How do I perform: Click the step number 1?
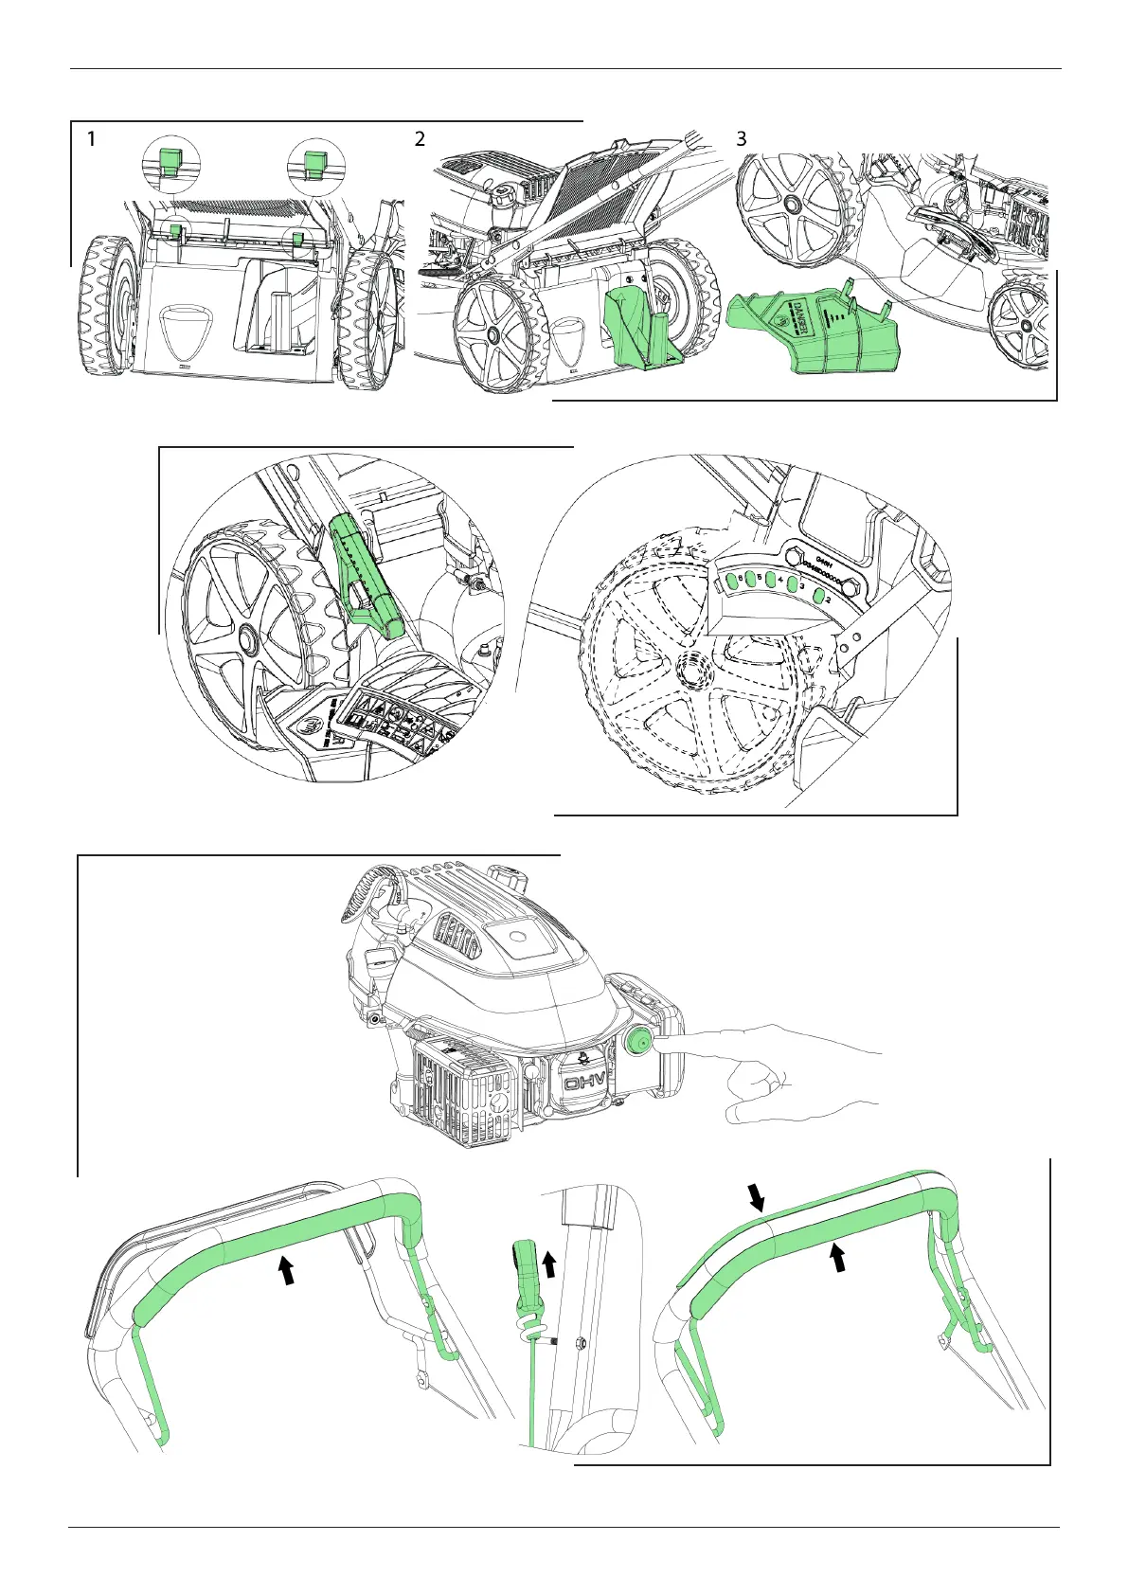[91, 139]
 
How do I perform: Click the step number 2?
[420, 139]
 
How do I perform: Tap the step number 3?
[742, 139]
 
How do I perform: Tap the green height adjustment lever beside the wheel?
[368, 568]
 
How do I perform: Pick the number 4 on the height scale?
[779, 581]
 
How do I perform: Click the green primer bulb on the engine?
[636, 1044]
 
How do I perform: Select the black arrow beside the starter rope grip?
[549, 1263]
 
